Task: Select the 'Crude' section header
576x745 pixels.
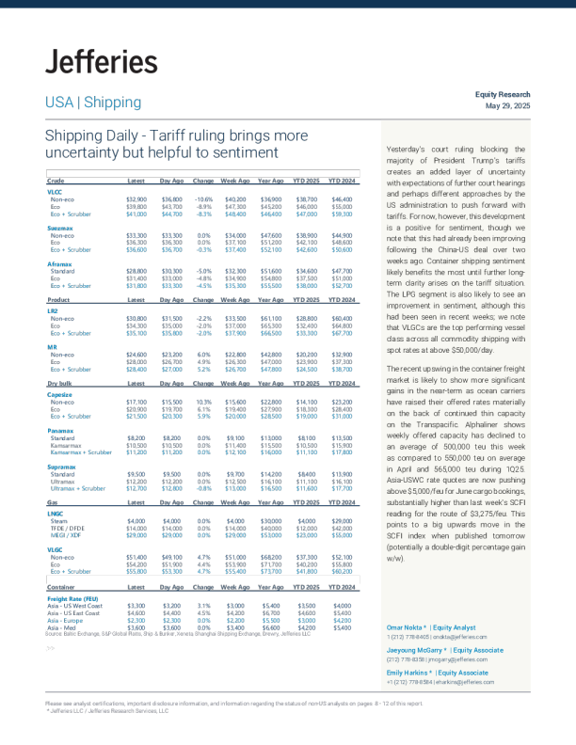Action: point(56,179)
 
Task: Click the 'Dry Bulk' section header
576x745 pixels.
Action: point(58,383)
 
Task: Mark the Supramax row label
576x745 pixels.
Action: point(59,471)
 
